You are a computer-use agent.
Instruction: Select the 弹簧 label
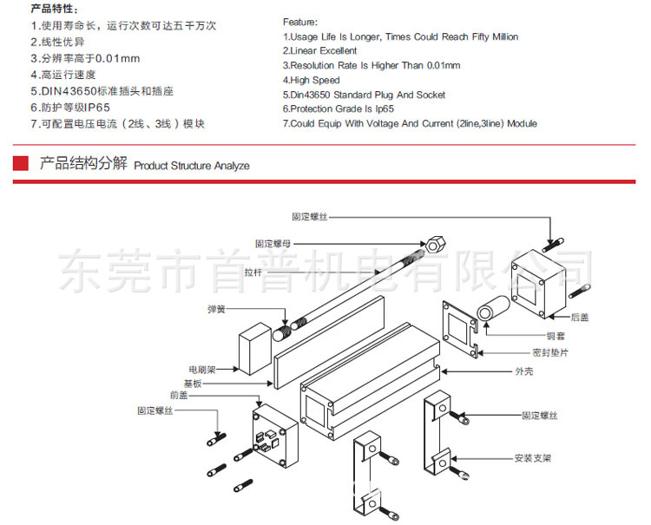(x=216, y=308)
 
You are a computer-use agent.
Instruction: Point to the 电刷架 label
(x=199, y=368)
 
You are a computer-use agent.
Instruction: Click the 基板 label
(x=191, y=382)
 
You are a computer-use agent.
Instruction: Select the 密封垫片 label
(x=549, y=353)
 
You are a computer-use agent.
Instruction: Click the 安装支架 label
(x=533, y=457)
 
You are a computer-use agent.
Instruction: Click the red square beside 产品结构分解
(x=19, y=163)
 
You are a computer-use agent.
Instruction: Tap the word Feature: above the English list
(x=300, y=21)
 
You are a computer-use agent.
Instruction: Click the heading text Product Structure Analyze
(x=192, y=165)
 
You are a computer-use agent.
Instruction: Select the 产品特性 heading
(x=55, y=9)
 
